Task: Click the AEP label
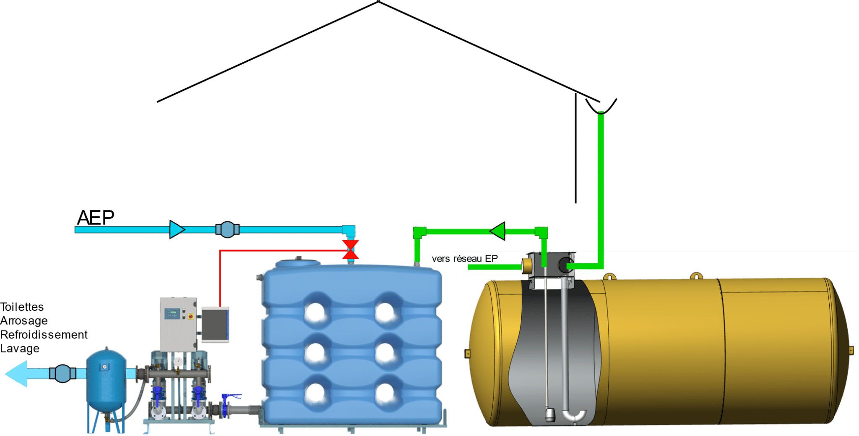click(96, 218)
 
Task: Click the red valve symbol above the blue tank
click(350, 250)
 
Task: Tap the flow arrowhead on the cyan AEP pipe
click(177, 229)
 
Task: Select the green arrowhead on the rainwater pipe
click(498, 231)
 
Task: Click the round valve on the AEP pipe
click(227, 229)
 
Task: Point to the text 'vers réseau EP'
click(465, 259)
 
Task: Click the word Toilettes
click(22, 307)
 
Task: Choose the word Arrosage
click(24, 321)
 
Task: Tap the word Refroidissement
click(44, 335)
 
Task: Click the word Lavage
click(20, 349)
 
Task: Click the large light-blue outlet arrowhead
click(17, 373)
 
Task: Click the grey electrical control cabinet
click(178, 323)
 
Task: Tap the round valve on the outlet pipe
click(62, 373)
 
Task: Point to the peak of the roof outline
click(378, 2)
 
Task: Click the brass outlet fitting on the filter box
click(526, 265)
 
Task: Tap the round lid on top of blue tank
click(297, 263)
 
